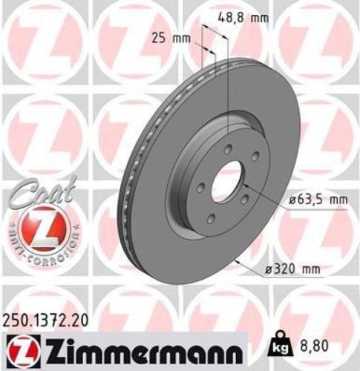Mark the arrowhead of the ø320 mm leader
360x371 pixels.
(237, 261)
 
